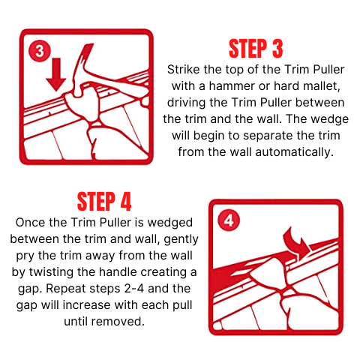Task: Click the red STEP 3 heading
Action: (x=256, y=49)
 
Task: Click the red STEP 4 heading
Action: (x=104, y=202)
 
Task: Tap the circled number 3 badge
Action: (x=40, y=51)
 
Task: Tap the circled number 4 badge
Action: (x=229, y=220)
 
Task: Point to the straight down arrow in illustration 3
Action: (x=56, y=74)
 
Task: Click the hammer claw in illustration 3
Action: (x=84, y=58)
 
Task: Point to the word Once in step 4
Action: (x=30, y=223)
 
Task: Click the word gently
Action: (x=181, y=240)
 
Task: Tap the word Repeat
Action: (x=66, y=289)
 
